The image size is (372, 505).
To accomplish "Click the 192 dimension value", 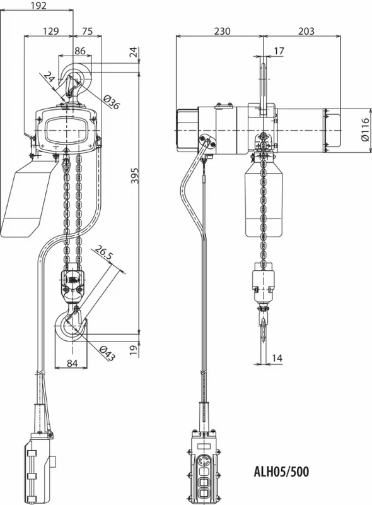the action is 39,5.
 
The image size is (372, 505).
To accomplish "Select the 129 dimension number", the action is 51,31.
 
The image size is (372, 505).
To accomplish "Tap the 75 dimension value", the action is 87,31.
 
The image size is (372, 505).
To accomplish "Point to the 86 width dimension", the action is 80,50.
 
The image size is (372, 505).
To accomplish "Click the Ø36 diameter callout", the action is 112,102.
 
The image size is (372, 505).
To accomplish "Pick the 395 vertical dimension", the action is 136,175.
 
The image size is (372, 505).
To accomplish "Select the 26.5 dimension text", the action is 103,254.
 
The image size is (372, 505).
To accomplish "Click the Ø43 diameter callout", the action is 107,353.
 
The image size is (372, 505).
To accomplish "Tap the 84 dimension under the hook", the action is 72,363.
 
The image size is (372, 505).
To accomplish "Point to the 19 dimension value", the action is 136,349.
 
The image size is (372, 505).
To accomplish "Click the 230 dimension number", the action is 223,31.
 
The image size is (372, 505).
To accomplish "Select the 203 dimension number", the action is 306,31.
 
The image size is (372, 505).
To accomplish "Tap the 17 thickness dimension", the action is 279,50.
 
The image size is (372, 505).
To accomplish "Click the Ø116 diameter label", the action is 365,129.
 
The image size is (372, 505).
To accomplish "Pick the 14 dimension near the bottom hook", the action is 277,358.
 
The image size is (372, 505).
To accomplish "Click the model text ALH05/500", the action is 281,472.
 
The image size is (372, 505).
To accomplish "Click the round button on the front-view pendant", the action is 203,461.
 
